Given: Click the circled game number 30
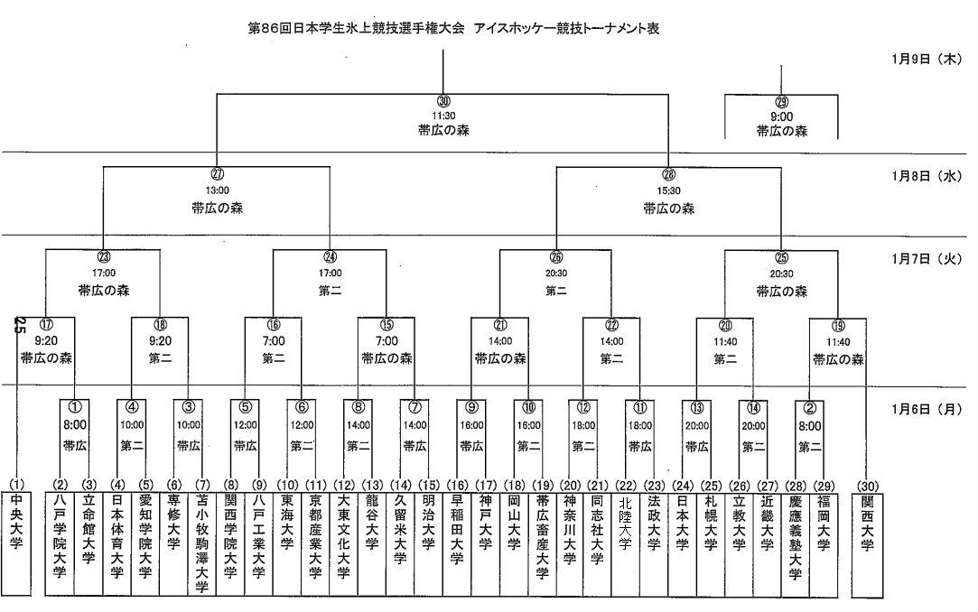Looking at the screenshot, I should (443, 100).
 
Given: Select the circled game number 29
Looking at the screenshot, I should (782, 102).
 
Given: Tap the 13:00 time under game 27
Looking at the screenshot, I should (217, 190).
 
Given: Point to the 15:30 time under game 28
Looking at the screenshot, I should (668, 191).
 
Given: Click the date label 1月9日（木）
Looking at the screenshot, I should (927, 58).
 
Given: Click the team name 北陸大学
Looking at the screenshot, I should (625, 529).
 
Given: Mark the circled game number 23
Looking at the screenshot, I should (104, 255).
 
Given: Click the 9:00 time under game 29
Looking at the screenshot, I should (782, 116).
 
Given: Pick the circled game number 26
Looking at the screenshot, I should (555, 255).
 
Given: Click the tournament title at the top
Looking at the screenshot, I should (453, 28).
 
